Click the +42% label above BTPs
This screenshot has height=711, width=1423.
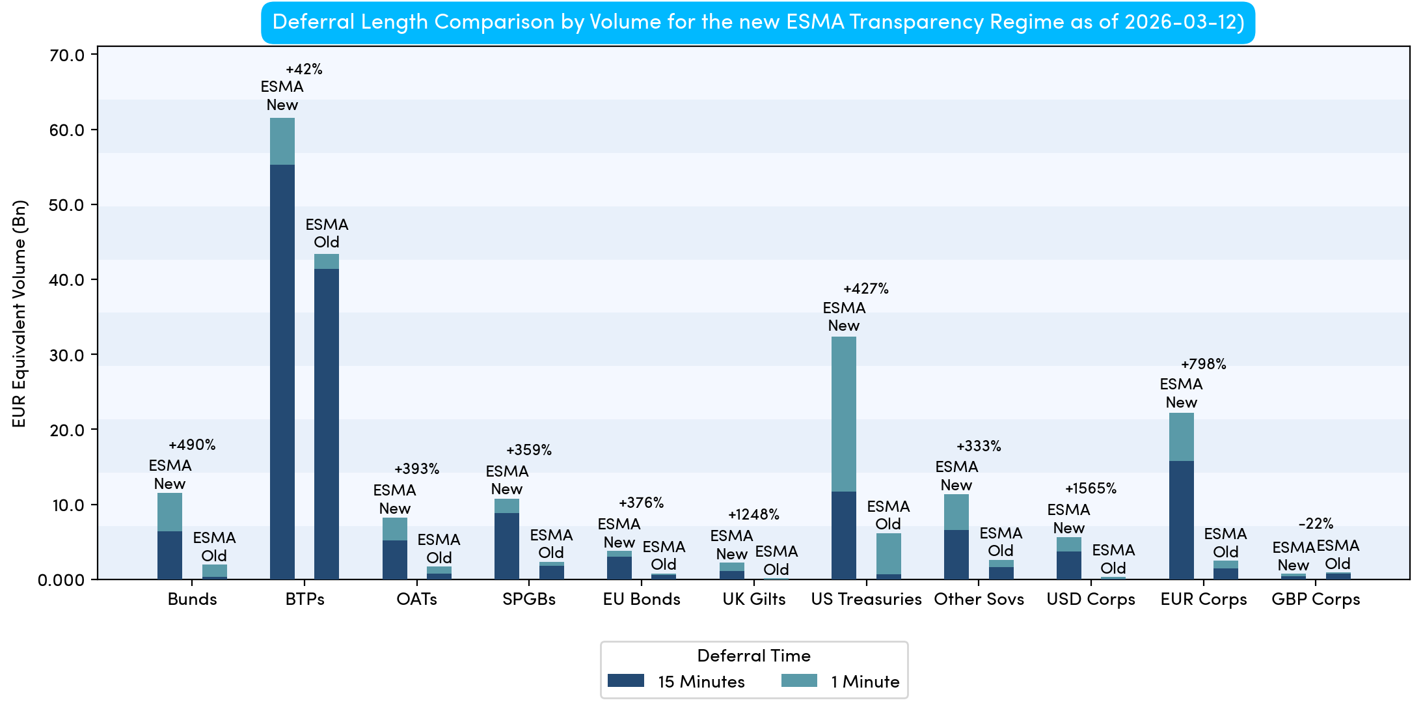(304, 69)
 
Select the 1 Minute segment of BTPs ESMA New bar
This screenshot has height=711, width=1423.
(282, 141)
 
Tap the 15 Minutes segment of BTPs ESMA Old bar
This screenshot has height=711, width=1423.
(326, 423)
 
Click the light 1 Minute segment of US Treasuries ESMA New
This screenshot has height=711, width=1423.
(843, 413)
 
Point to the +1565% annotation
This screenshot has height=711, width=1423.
(1091, 488)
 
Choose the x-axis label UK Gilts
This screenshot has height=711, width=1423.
(753, 599)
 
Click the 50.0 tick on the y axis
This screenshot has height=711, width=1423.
(67, 205)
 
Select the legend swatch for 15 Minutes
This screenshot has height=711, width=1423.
(625, 681)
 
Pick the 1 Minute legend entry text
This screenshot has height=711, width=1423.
(865, 682)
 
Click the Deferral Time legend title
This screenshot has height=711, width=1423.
(753, 656)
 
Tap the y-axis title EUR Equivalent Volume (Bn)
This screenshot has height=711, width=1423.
(20, 313)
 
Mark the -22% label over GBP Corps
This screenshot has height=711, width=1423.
(1316, 523)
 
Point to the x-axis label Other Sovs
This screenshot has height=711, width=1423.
(979, 599)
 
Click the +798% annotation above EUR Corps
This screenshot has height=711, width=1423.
(1203, 364)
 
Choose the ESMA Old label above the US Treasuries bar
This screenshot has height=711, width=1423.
(888, 515)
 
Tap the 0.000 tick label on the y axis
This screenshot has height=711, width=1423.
(61, 580)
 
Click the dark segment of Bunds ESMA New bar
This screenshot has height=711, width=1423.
(169, 555)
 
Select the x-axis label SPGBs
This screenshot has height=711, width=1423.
(528, 599)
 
